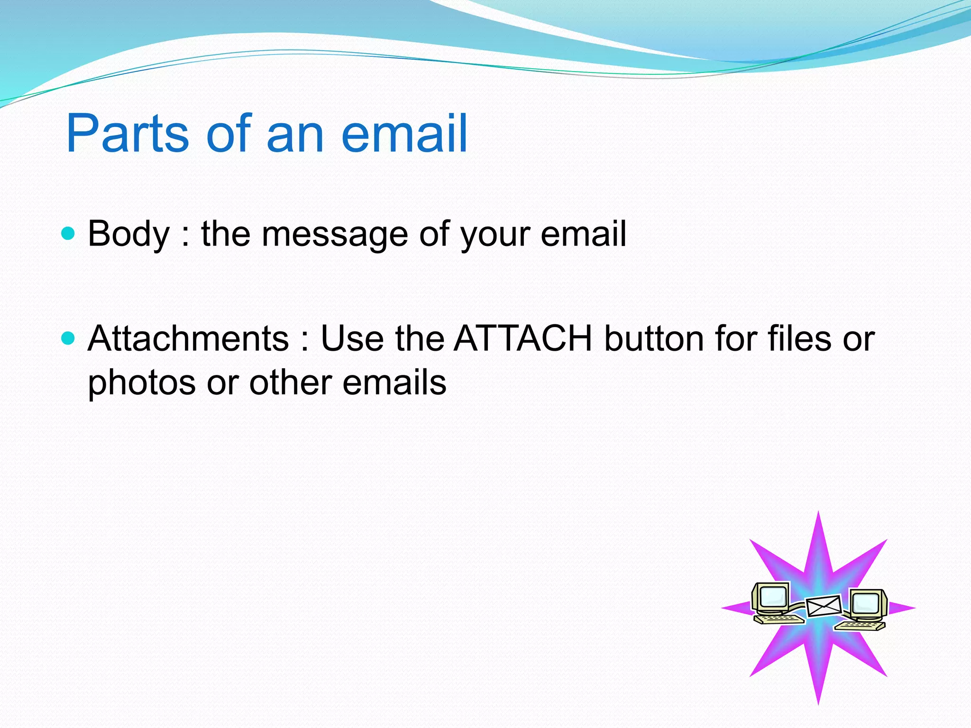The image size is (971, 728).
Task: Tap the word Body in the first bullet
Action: (x=128, y=234)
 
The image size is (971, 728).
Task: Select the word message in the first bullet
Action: (x=334, y=234)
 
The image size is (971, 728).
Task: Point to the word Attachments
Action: (x=188, y=339)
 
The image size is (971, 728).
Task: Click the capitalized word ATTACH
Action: (x=523, y=339)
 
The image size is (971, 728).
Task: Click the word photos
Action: (x=141, y=383)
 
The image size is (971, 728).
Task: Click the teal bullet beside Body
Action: (x=69, y=233)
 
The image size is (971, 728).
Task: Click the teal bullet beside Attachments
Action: (x=69, y=338)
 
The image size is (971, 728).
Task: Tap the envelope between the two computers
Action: (x=824, y=606)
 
